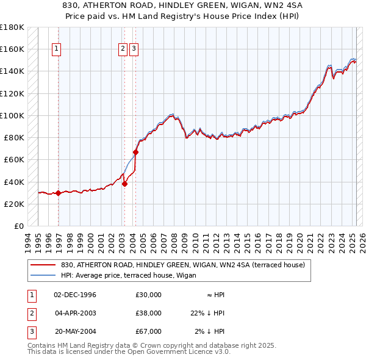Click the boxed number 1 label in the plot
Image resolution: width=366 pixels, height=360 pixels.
coord(56,49)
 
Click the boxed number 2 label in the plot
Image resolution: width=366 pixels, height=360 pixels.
coord(123,49)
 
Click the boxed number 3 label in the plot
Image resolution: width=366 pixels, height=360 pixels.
coord(134,49)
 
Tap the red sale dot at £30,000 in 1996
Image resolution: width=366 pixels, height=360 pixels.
coord(59,193)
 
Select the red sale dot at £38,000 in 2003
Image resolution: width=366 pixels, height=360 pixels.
coord(124,183)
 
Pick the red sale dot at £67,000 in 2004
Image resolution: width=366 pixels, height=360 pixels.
coord(135,152)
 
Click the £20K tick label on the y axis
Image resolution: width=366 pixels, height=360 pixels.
coord(14,204)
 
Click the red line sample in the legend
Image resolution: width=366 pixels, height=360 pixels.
coord(43,265)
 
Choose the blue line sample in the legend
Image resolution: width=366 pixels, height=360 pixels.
coord(43,275)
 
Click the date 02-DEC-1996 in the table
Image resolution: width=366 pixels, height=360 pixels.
coord(75,295)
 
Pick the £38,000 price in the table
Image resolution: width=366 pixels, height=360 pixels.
coord(149,313)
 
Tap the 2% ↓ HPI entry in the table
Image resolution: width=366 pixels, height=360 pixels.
coord(210,331)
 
